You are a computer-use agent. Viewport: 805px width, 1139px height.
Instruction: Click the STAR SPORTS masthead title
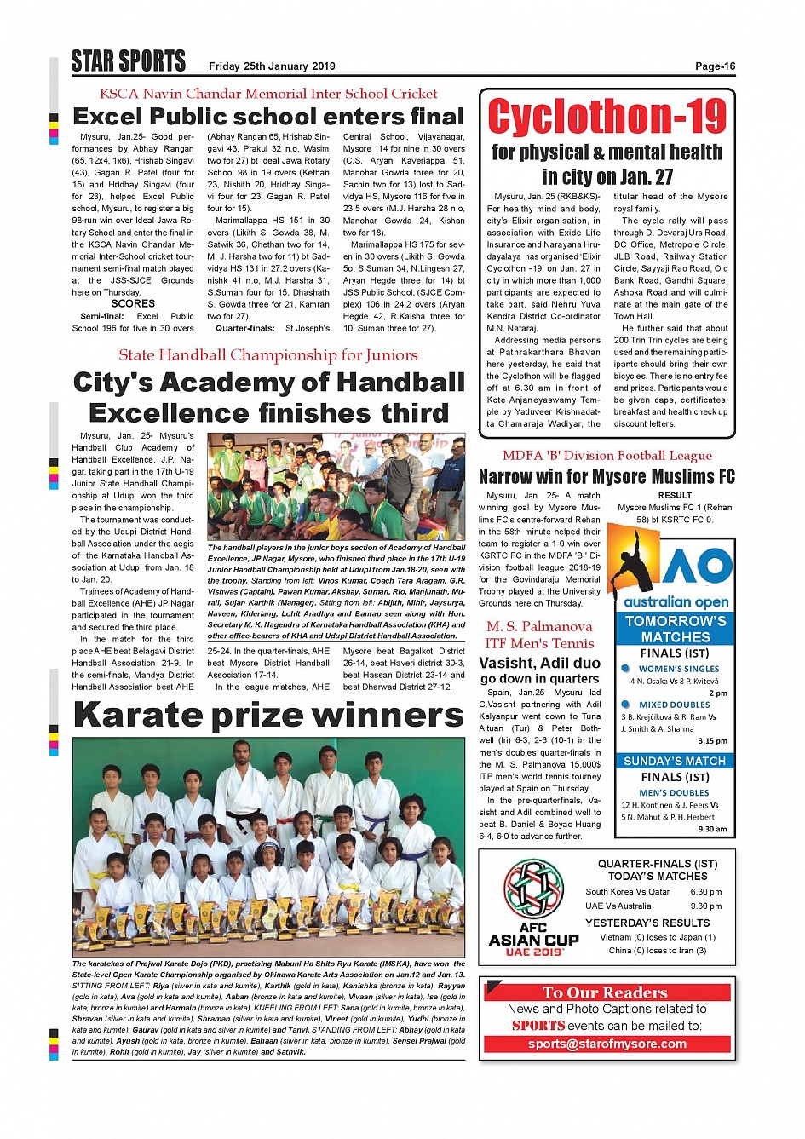(x=128, y=61)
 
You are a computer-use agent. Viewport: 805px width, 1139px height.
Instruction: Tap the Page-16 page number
(x=715, y=66)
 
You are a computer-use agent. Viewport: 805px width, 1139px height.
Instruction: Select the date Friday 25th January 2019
(x=272, y=66)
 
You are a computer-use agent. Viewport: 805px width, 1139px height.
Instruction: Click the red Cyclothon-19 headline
(x=607, y=117)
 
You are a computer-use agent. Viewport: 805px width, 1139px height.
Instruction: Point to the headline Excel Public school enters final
(x=268, y=117)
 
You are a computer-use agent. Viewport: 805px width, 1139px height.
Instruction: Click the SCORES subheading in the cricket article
(x=133, y=303)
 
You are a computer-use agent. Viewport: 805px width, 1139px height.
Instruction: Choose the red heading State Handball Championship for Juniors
(x=268, y=355)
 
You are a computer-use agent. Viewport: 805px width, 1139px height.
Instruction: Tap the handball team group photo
(x=336, y=486)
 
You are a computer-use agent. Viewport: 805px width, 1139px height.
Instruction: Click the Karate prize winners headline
(x=268, y=716)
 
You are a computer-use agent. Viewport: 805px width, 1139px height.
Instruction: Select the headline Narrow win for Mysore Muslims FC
(x=607, y=476)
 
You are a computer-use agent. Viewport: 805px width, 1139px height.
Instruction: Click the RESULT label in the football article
(x=675, y=495)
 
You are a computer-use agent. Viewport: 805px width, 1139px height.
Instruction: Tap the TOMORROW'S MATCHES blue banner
(x=675, y=629)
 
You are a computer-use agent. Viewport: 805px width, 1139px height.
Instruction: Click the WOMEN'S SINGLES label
(x=678, y=669)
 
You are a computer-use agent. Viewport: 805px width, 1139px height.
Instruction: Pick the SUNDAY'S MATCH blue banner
(x=675, y=761)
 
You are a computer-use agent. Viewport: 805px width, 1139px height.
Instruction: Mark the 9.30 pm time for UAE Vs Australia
(x=705, y=906)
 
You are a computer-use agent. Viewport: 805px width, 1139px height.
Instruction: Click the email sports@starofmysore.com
(x=607, y=1044)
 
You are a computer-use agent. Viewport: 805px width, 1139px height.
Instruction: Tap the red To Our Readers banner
(x=607, y=992)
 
